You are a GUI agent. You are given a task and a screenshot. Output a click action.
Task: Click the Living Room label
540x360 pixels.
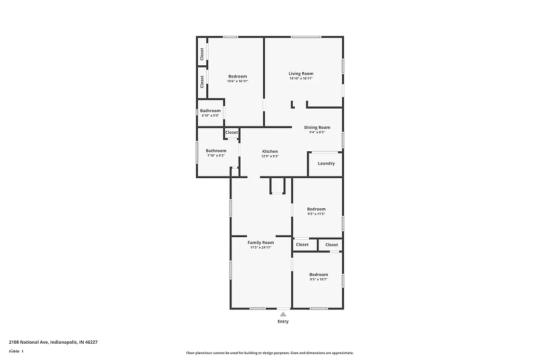(301, 74)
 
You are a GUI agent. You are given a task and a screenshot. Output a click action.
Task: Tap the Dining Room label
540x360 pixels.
(317, 128)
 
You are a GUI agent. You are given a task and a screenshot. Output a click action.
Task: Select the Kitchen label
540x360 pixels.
(269, 151)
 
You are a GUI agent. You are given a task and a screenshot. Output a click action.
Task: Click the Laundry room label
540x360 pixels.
(326, 163)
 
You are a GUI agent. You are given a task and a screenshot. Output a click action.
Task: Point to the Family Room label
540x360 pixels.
(261, 242)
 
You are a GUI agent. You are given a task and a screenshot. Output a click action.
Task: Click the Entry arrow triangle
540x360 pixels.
(283, 314)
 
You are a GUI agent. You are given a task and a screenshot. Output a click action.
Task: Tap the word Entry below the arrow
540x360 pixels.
(283, 322)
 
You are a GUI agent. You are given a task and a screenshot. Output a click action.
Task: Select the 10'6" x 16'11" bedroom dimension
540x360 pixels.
(237, 81)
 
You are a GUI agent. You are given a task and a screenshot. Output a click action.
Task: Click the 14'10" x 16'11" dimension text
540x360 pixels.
(301, 79)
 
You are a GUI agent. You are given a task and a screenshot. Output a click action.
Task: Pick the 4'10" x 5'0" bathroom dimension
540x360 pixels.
(210, 115)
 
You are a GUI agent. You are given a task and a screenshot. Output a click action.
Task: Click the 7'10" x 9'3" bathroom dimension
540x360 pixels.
(216, 155)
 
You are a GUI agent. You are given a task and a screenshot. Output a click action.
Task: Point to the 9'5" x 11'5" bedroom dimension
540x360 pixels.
(316, 213)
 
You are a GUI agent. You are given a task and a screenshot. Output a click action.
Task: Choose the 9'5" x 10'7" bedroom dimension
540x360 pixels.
(319, 279)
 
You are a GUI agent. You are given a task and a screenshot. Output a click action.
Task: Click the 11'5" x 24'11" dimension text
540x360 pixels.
(261, 247)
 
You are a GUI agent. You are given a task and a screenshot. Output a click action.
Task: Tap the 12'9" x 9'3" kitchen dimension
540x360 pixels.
(269, 156)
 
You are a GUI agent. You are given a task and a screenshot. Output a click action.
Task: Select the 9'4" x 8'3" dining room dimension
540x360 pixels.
(317, 132)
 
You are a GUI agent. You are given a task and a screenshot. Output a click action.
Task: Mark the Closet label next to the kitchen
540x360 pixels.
(232, 132)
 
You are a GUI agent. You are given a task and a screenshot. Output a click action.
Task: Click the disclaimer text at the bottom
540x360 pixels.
(269, 353)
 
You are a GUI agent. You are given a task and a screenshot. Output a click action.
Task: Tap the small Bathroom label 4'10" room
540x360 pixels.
(210, 111)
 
